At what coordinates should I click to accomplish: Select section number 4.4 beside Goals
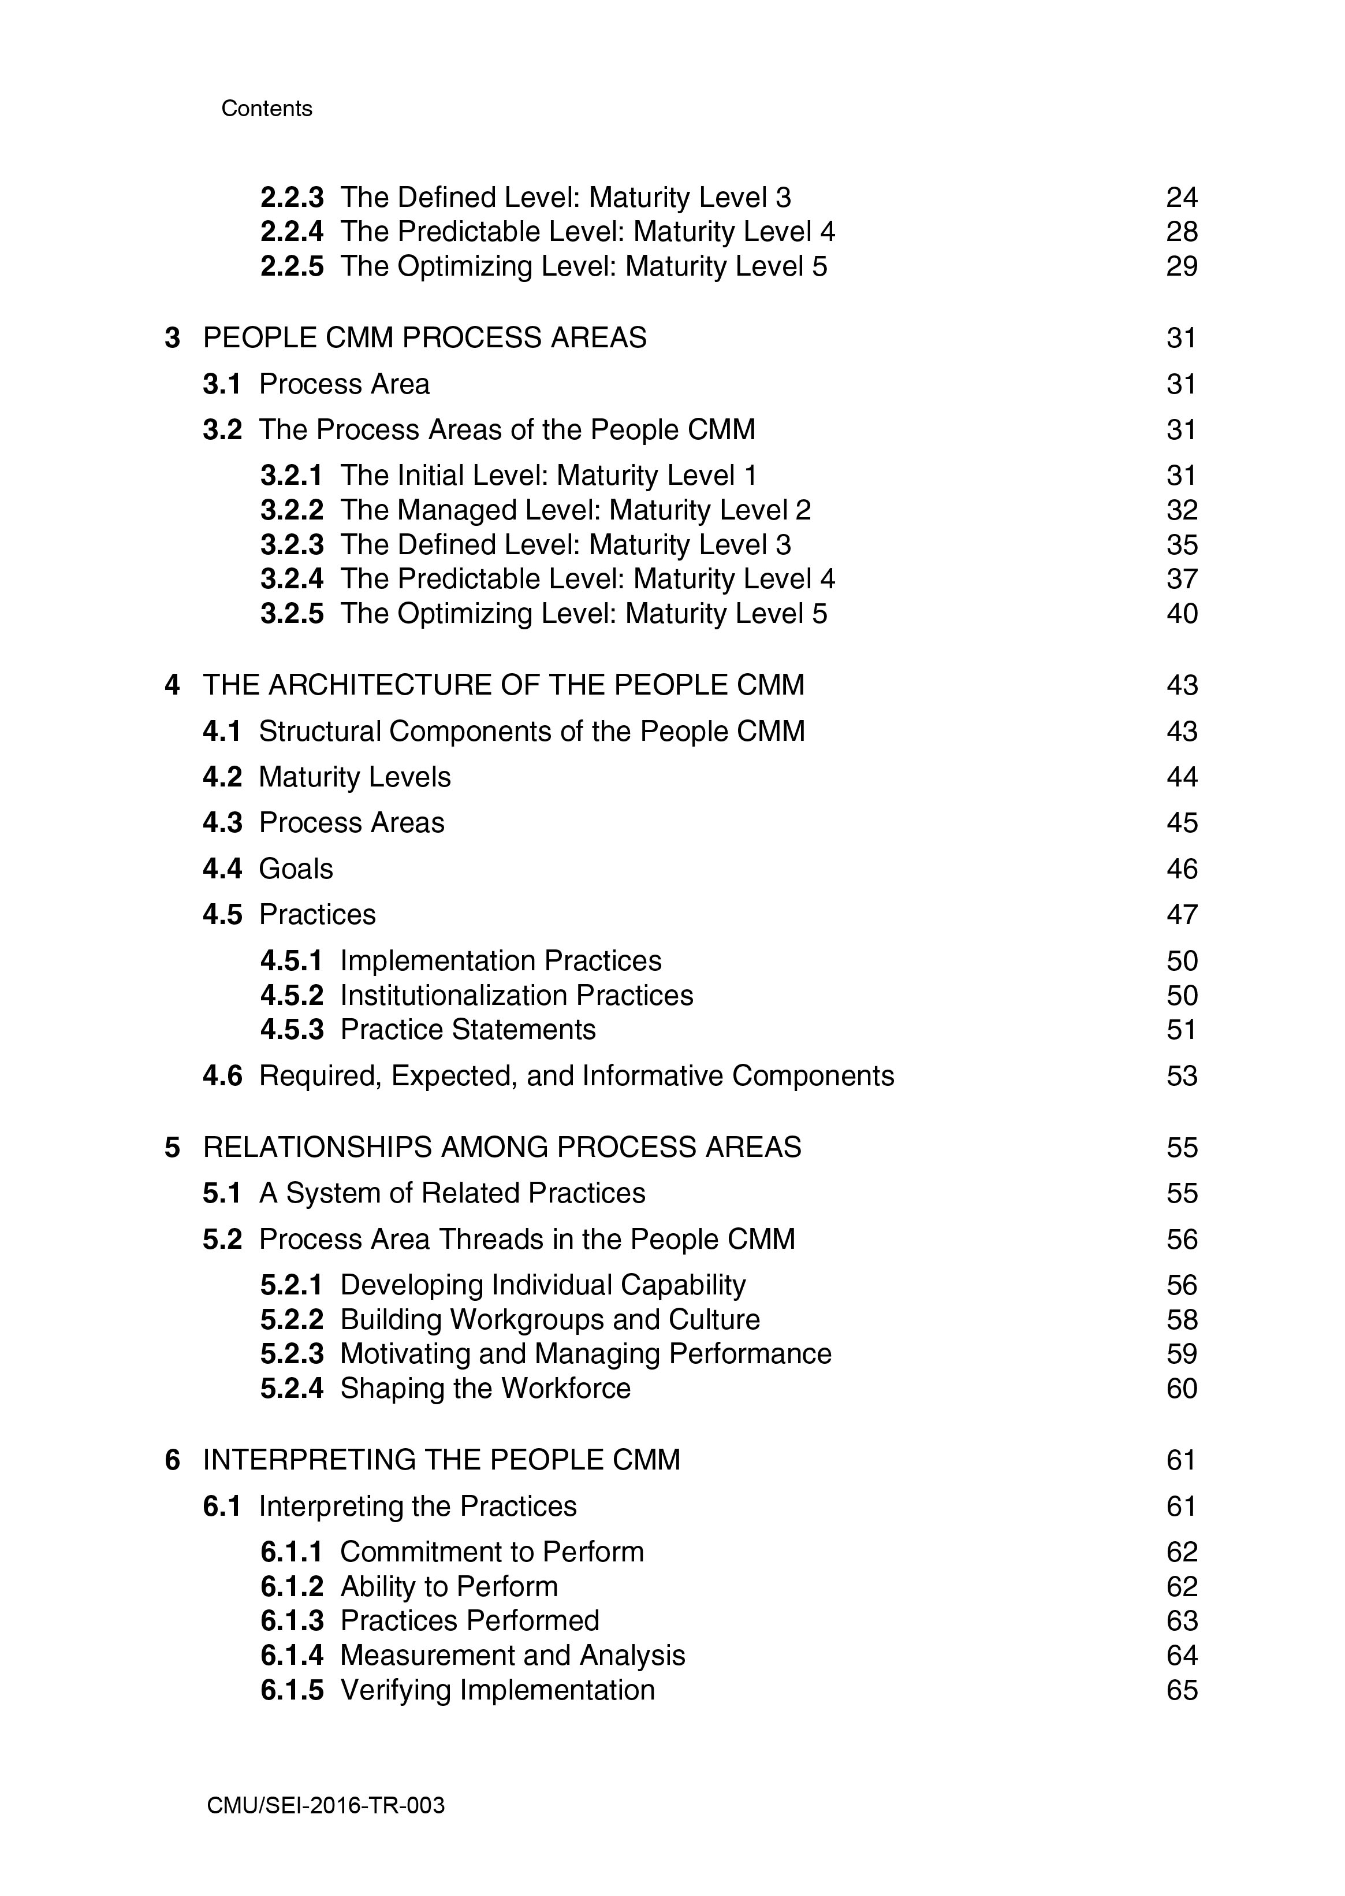tap(222, 869)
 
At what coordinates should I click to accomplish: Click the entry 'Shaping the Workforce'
tap(485, 1388)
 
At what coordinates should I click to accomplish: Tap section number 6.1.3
tap(292, 1621)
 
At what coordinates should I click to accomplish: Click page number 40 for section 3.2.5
tap(1181, 614)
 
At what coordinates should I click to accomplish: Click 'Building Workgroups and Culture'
tap(549, 1319)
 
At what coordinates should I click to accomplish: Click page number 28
tap(1181, 232)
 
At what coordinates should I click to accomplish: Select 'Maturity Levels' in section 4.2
tap(355, 777)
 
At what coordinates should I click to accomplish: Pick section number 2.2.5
tap(292, 267)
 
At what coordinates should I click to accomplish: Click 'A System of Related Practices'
tap(452, 1193)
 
